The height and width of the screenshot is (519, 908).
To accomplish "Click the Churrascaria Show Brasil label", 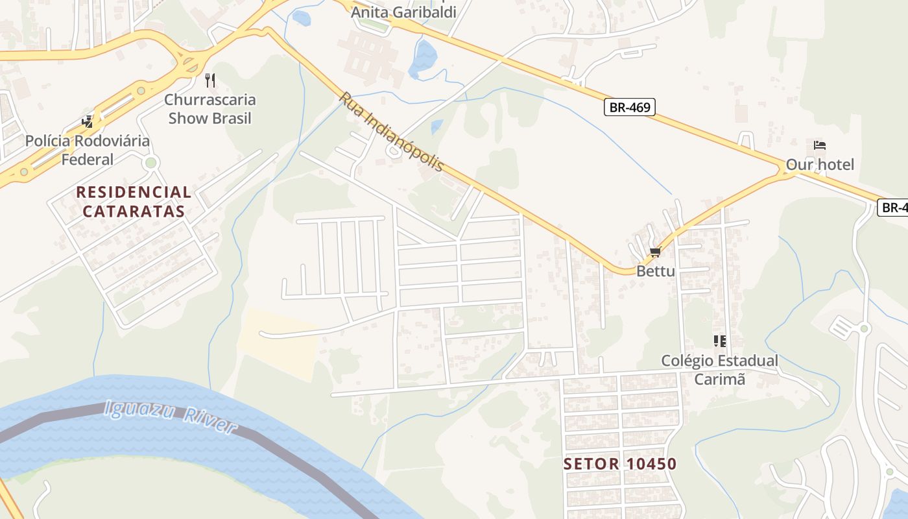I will point(209,109).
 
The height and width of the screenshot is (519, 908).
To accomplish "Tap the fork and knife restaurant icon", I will point(209,80).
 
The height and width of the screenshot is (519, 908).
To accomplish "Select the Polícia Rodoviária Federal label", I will point(87,150).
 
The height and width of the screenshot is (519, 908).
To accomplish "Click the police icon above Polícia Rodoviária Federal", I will point(87,121).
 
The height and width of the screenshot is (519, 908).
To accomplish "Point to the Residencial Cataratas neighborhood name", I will point(134,202).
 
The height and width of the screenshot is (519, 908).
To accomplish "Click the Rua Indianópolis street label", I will point(392,132).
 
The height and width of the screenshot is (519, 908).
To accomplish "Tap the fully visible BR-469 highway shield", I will point(629,107).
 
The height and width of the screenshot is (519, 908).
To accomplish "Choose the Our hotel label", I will point(820,165).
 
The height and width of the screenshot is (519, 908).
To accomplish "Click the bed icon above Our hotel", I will point(820,145).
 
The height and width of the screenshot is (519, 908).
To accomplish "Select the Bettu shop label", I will point(655,271).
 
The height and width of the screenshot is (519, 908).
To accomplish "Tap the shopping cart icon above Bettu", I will point(655,252).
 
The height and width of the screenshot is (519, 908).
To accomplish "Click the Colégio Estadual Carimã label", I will point(719,370).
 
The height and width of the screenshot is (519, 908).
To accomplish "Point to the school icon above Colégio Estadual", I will point(719,341).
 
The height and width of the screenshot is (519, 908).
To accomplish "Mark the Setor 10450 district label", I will point(620,464).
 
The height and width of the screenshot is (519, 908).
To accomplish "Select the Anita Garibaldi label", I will point(403,12).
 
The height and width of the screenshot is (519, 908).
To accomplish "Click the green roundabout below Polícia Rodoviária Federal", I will point(151,162).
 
